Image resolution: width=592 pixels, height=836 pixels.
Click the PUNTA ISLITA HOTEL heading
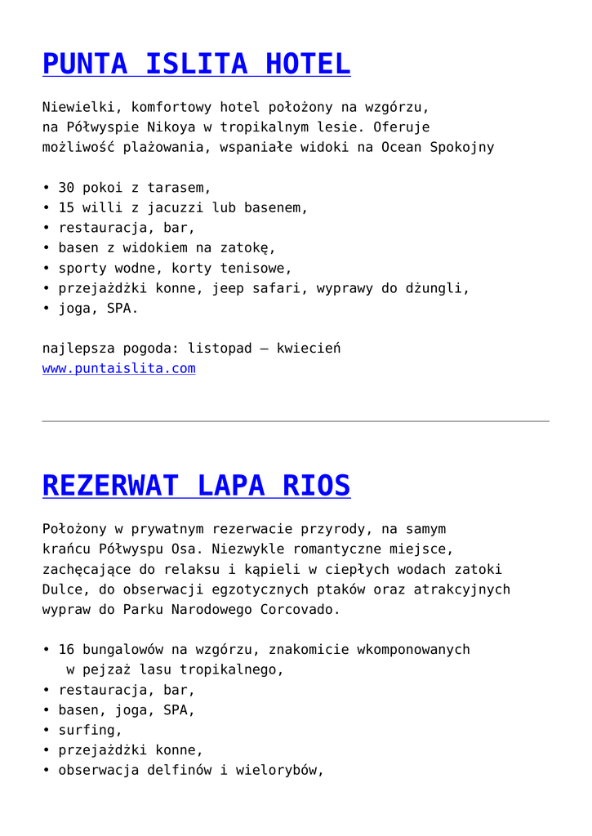(196, 64)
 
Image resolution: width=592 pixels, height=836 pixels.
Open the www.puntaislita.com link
(118, 369)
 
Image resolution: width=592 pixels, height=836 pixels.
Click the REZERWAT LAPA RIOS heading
(196, 486)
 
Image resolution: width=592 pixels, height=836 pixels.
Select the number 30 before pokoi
(66, 188)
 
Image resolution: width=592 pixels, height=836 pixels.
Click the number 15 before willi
(66, 208)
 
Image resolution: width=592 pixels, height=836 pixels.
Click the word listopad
(220, 349)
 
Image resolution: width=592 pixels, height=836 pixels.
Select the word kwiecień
(309, 349)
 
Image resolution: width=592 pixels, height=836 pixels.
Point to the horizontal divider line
(296, 421)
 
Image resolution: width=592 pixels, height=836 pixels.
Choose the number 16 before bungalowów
(66, 650)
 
